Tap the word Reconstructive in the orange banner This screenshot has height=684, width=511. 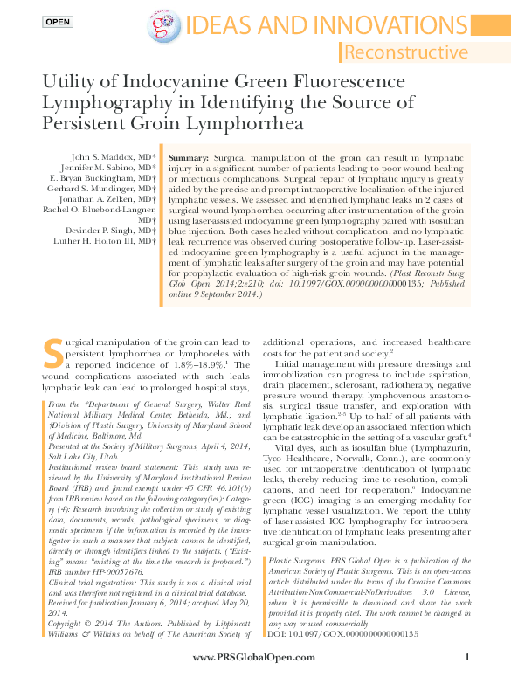tap(405, 52)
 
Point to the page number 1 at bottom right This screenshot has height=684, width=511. tap(468, 657)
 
